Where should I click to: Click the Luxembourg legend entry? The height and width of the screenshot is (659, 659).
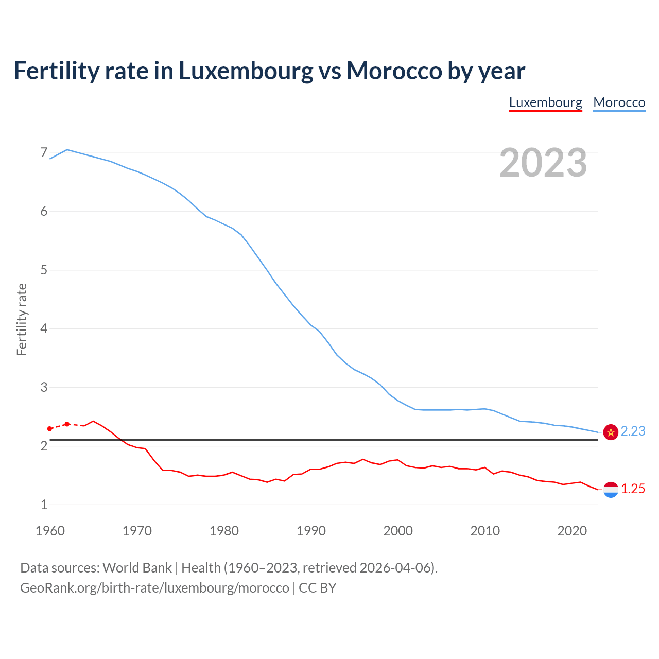coord(545,102)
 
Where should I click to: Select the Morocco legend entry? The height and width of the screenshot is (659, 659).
coord(619,102)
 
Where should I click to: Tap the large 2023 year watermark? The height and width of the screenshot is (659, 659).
coord(543,163)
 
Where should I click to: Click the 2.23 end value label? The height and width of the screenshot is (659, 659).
coord(633,431)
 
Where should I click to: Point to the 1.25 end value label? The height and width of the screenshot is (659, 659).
coord(633,489)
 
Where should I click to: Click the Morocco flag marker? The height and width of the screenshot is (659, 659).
coord(611,432)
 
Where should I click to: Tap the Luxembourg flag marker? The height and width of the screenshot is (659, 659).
coord(611,490)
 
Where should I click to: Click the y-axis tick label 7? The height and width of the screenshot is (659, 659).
coord(44,153)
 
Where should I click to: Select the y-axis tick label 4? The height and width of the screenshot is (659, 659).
coord(44,328)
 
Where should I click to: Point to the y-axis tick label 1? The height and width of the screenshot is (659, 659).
coord(44,505)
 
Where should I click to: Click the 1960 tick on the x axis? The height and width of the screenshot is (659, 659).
coord(50,531)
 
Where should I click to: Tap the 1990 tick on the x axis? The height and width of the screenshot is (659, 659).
coord(311,531)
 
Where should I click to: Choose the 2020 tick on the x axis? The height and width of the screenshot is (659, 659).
coord(572,531)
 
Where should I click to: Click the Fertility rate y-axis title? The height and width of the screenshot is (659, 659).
coord(22,319)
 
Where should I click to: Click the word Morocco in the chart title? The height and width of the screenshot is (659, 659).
coord(394,71)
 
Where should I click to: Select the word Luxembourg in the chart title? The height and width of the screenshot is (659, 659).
coord(246,71)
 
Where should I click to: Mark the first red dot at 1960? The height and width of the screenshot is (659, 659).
coord(50,429)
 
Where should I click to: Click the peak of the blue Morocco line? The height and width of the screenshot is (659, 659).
coord(67,150)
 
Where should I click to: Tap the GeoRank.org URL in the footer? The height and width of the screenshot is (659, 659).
coord(154,588)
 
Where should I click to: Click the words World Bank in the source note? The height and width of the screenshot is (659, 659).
coord(137,568)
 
